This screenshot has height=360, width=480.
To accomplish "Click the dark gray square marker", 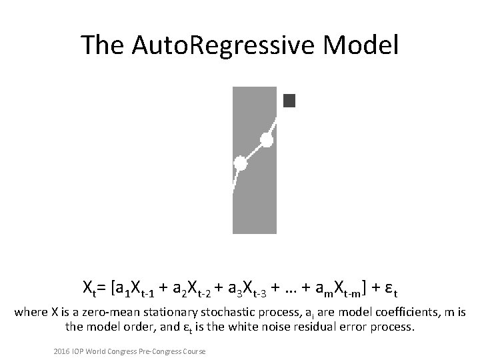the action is coord(289,101).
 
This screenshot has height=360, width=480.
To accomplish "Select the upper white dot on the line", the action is coord(267,140).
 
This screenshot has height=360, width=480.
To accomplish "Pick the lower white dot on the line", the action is coord(240,163).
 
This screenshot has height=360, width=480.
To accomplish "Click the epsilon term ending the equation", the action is coord(391,289).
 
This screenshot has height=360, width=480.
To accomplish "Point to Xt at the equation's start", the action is coord(90,289).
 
